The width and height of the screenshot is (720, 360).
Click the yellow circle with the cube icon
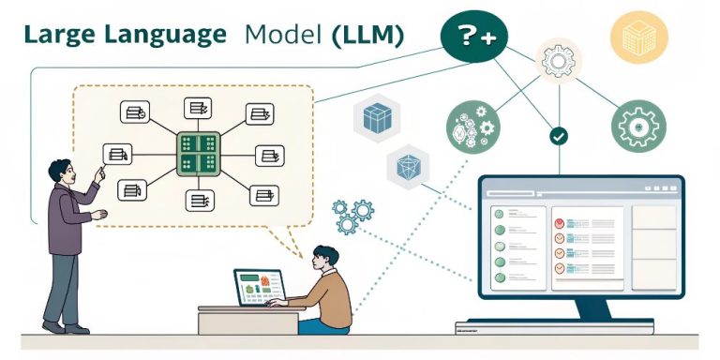pyautogui.click(x=638, y=37)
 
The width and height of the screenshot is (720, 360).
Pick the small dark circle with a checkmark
pyautogui.click(x=559, y=136)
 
